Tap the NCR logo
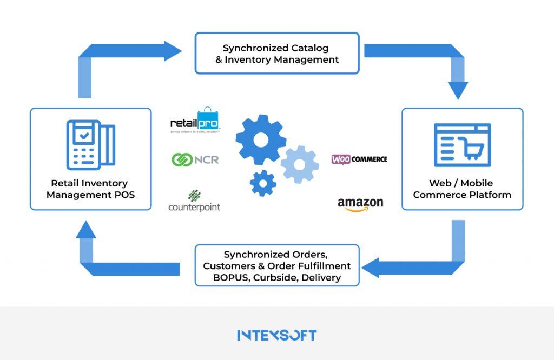pos(195,159)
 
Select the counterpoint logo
pos(194,202)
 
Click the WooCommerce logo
pos(359,159)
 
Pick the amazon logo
pos(360,204)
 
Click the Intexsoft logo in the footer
pos(276,335)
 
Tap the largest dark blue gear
pos(261,140)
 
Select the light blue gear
pos(300,164)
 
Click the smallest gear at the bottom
pos(263,183)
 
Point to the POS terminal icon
pos(90,144)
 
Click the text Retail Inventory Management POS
pos(90,189)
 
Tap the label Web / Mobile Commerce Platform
pos(462,189)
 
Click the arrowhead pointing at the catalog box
pos(174,51)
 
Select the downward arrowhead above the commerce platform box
pos(458,90)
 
